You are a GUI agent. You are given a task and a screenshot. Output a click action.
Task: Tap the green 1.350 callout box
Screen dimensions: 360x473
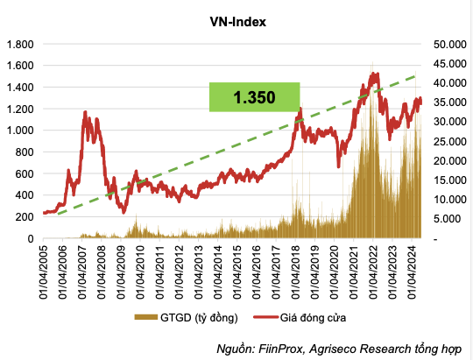255,96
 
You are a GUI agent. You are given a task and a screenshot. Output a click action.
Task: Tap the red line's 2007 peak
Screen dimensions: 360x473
85,112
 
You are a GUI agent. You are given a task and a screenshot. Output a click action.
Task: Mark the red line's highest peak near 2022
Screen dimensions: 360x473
374,74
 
